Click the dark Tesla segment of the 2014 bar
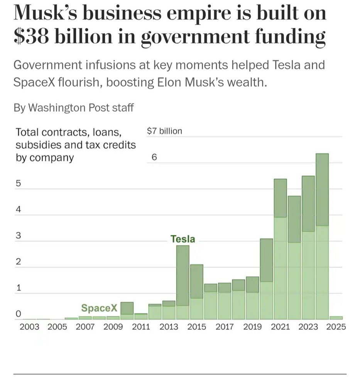click(x=183, y=275)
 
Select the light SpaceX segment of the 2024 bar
click(x=322, y=272)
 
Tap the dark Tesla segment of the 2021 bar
click(x=280, y=198)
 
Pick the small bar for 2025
click(x=336, y=318)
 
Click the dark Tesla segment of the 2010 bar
click(x=127, y=308)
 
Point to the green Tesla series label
click(x=183, y=239)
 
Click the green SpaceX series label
click(x=99, y=308)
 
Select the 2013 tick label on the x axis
click(x=169, y=327)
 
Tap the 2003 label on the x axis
click(x=29, y=327)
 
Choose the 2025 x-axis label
click(x=336, y=327)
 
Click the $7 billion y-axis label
click(x=164, y=131)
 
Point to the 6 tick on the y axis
click(x=154, y=157)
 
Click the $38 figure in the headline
click(x=32, y=37)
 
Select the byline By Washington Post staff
click(x=73, y=108)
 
